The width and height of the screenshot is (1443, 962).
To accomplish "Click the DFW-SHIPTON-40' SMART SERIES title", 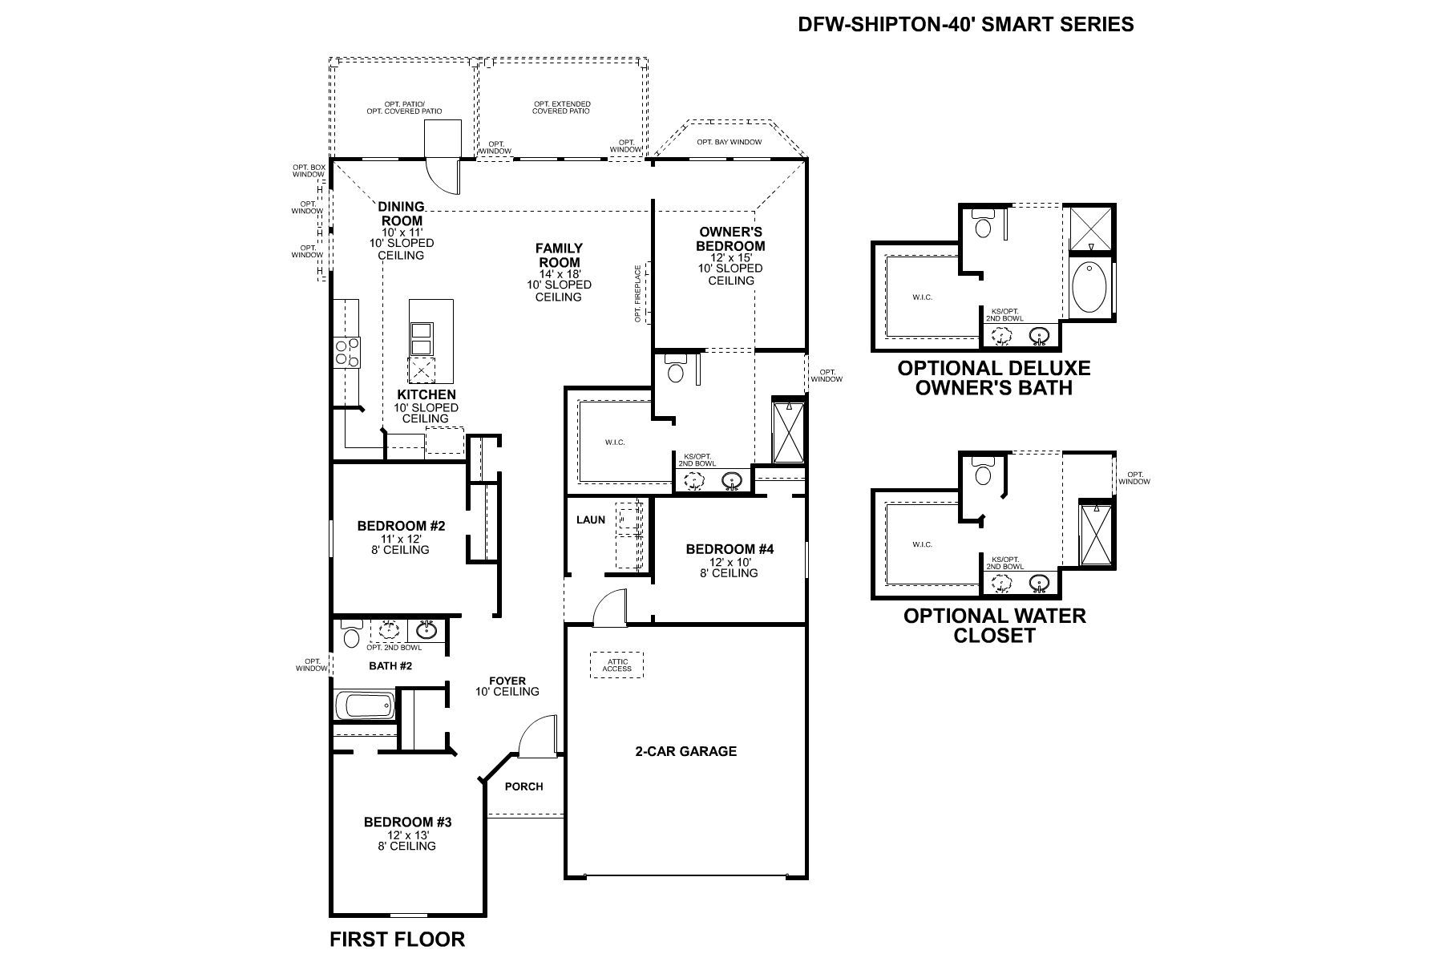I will tap(965, 24).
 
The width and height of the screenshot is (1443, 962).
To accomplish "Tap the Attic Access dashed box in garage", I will tap(617, 665).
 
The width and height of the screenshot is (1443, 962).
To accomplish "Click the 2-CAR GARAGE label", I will tap(685, 751).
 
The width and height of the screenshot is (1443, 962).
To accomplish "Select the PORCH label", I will tap(523, 786).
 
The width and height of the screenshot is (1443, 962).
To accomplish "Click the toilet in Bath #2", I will tap(351, 635).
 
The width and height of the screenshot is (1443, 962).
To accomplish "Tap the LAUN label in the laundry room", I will tap(591, 519).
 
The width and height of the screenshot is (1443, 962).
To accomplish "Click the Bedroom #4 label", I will tap(730, 549).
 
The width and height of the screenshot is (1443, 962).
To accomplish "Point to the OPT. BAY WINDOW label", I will tap(729, 142).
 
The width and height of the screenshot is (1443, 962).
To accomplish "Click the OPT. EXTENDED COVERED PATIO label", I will tap(561, 107).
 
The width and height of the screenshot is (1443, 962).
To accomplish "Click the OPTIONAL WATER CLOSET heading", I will tap(994, 625).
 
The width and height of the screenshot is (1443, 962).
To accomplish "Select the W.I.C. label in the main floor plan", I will tap(614, 443).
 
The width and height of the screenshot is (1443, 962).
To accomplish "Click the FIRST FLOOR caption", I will tap(397, 939).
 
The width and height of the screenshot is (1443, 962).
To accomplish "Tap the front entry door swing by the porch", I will tap(536, 738).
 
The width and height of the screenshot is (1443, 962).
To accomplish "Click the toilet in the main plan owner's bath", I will tap(675, 370).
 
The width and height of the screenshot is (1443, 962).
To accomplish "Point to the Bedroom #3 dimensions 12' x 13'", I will tap(407, 835).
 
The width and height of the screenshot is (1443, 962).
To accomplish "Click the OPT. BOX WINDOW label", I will tap(309, 170).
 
